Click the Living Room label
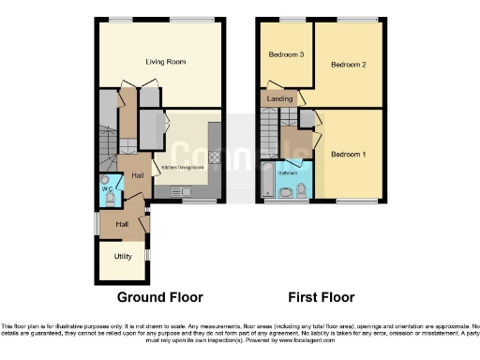[165, 62]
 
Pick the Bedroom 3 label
[286, 55]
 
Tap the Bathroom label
[289, 173]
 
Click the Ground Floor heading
[159, 298]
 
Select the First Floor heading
[321, 298]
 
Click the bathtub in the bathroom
[269, 181]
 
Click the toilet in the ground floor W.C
[104, 197]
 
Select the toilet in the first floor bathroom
[301, 191]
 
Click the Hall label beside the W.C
[137, 175]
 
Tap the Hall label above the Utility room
[122, 224]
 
